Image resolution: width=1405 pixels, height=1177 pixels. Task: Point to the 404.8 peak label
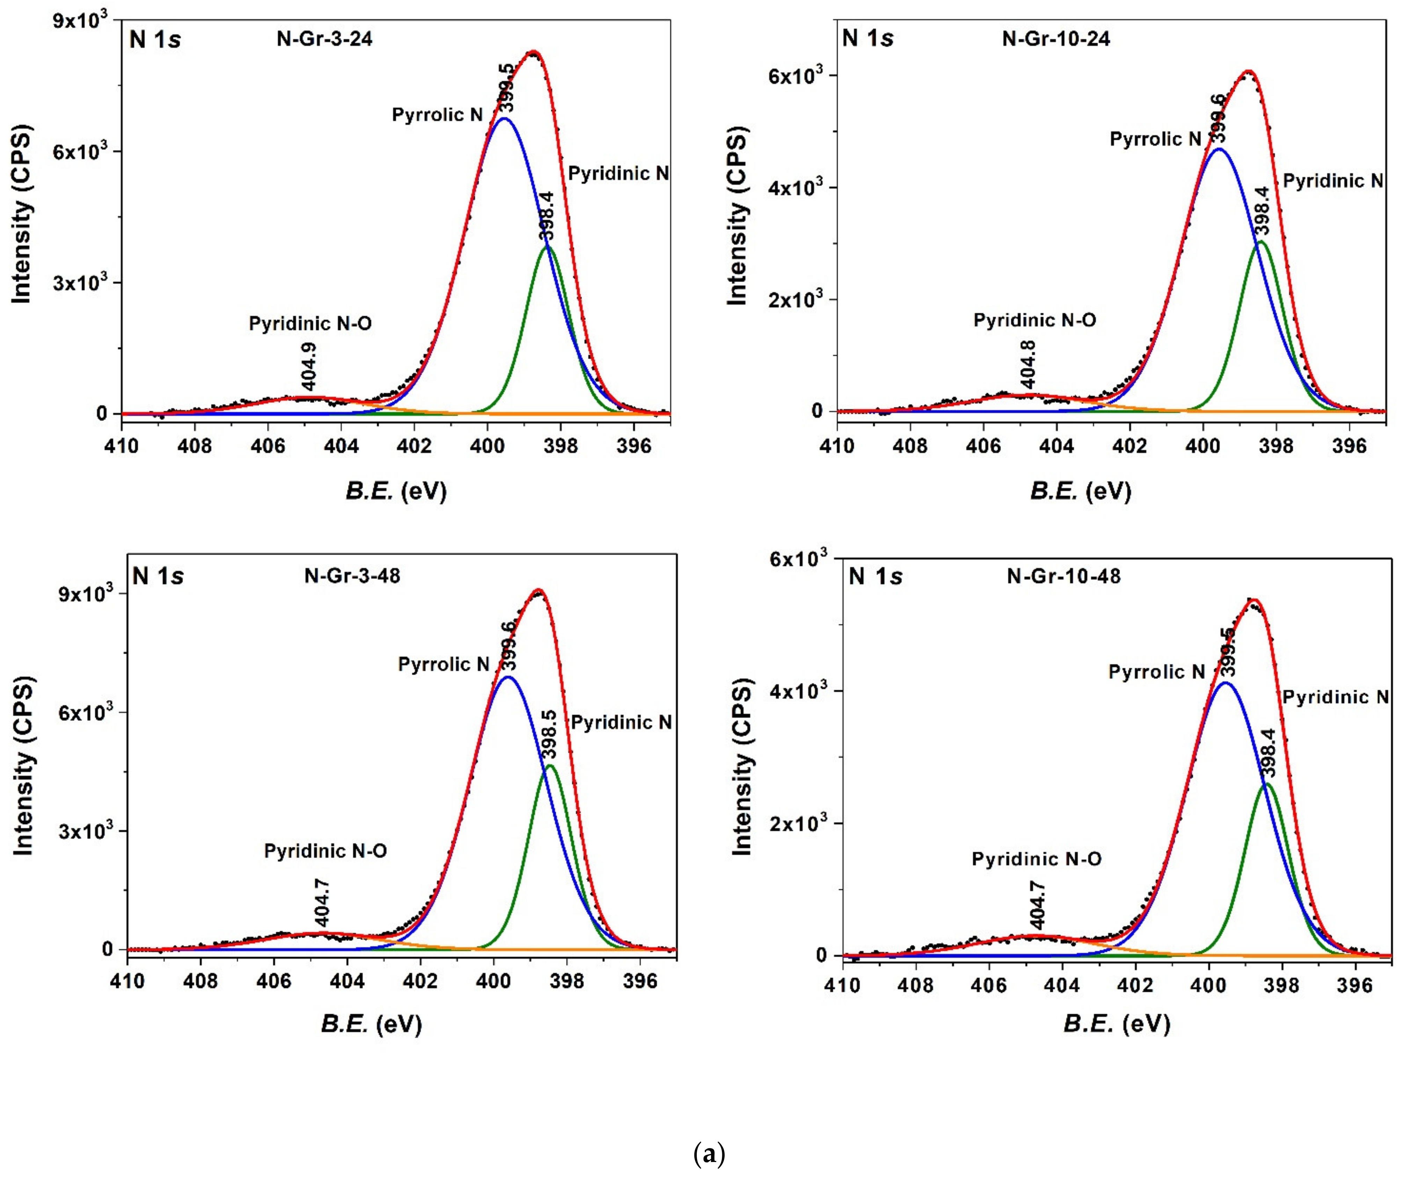pyautogui.click(x=1028, y=364)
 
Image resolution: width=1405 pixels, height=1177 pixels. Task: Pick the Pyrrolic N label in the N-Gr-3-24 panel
pyautogui.click(x=437, y=115)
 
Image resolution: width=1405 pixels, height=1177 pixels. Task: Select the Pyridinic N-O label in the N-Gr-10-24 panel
pyautogui.click(x=1034, y=320)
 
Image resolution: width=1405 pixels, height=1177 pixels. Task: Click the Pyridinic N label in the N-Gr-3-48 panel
pyautogui.click(x=621, y=722)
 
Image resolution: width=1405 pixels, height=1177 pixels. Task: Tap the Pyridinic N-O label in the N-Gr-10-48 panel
pyautogui.click(x=1036, y=859)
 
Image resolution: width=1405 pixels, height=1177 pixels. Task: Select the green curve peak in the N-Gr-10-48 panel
pyautogui.click(x=1266, y=784)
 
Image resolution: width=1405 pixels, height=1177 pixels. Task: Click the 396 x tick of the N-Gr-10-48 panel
pyautogui.click(x=1355, y=986)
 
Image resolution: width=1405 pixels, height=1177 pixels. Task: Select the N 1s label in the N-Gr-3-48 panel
pyautogui.click(x=158, y=576)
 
